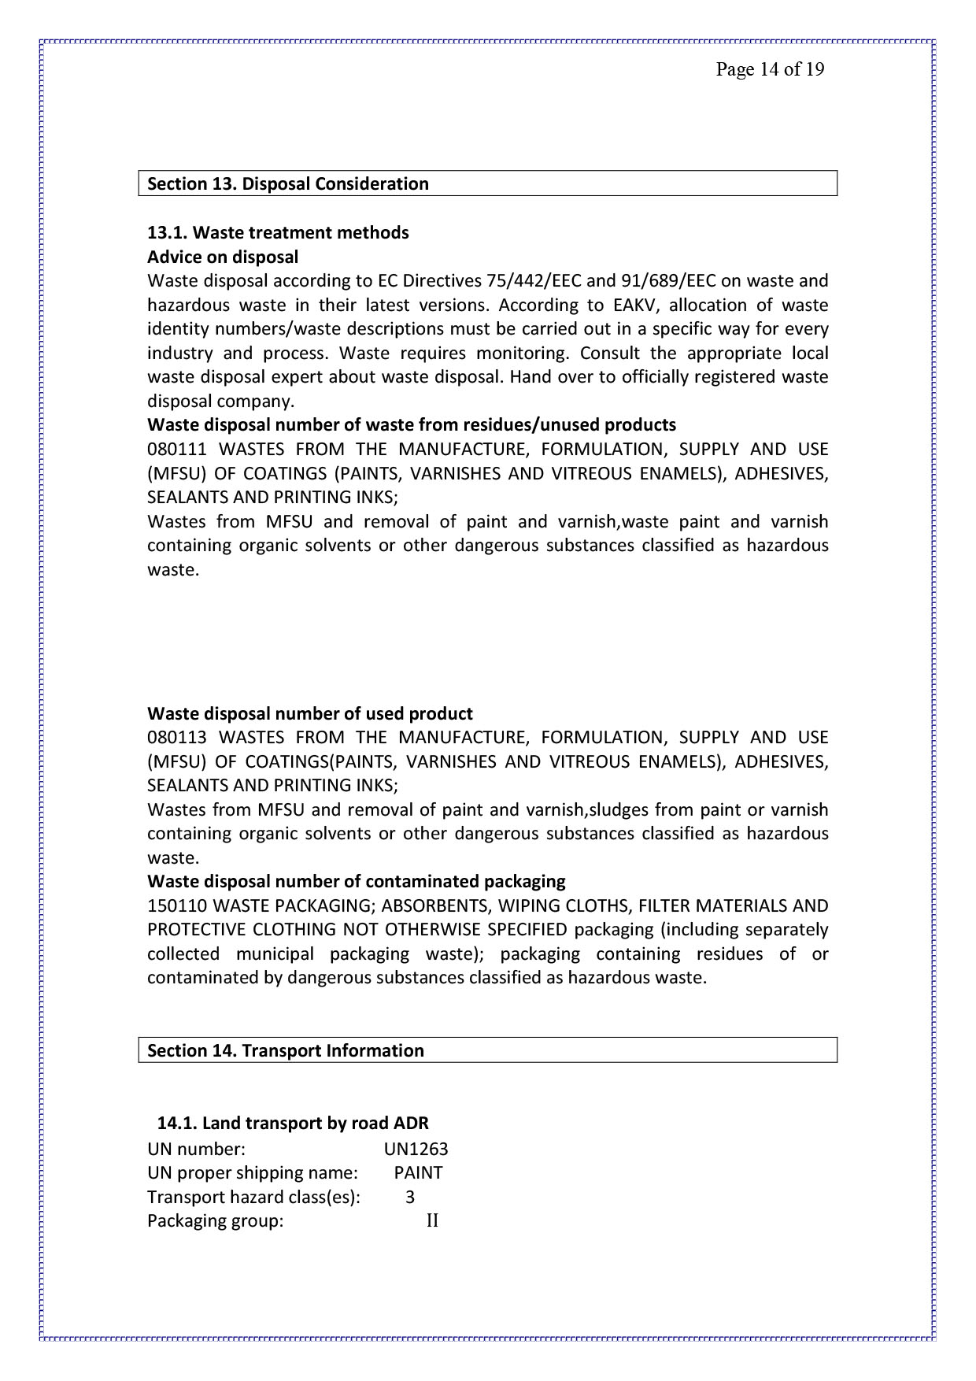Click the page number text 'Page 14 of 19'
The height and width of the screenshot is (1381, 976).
pos(769,70)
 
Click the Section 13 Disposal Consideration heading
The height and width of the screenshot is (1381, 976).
pos(288,184)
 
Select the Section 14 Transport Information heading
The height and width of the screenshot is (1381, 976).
pos(286,1051)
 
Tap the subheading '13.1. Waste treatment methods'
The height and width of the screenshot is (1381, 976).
pos(278,233)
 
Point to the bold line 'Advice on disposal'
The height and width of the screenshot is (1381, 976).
pos(223,257)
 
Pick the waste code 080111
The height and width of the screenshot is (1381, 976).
pos(176,450)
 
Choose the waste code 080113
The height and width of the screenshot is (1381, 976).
pos(176,738)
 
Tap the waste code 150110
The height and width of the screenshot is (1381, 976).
pos(176,906)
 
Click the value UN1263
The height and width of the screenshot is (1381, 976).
pos(416,1150)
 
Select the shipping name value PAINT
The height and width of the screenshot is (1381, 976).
pos(418,1173)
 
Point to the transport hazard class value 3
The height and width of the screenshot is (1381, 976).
pos(410,1198)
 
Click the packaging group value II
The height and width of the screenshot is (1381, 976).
pos(432,1221)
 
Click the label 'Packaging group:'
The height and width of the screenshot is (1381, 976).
pos(215,1222)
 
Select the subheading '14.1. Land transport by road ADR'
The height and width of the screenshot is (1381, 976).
pos(293,1124)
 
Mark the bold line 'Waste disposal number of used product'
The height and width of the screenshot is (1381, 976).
pos(310,714)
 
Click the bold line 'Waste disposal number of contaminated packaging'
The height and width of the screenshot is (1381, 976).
pos(357,882)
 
